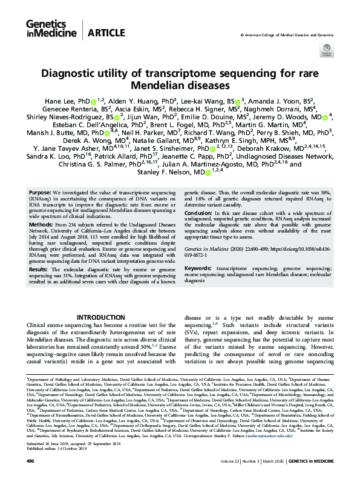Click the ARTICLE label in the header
(x=105, y=33)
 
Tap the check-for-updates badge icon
(x=327, y=49)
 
